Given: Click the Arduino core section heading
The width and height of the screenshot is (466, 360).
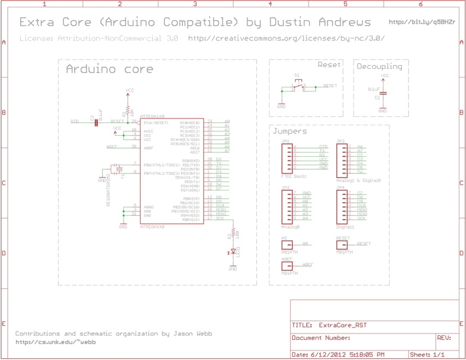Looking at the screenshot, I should click(109, 70).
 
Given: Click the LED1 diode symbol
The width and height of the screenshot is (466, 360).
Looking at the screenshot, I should click(233, 252).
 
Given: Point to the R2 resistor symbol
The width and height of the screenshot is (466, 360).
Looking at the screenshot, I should click(233, 233).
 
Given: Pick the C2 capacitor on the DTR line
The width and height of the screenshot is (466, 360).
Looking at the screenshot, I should click(96, 121).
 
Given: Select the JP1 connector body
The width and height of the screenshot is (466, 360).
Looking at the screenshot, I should click(287, 157).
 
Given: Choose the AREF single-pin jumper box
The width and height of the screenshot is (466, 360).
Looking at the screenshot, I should click(287, 266).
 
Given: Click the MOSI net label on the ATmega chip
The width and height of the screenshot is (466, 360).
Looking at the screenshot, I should click(221, 210).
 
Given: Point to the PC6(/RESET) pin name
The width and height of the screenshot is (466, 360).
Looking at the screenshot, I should click(156, 122).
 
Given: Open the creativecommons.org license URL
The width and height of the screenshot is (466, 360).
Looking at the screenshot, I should click(287, 39).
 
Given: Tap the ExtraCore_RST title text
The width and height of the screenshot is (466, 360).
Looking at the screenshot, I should click(343, 325).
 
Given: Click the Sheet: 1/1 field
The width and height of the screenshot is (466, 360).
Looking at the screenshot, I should click(427, 355).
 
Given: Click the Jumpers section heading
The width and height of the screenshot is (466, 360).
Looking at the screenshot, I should click(289, 131).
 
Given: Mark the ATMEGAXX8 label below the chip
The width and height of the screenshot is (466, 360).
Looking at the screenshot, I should click(152, 227).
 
